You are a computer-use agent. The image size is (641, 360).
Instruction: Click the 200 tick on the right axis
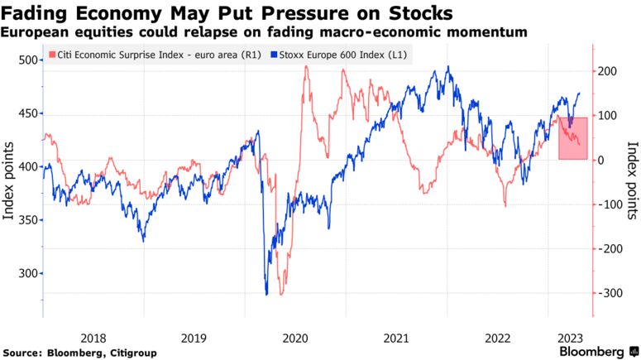[x=608, y=72]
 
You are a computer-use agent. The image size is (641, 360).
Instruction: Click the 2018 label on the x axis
[x=93, y=337]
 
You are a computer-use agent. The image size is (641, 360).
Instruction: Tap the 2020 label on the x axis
[x=295, y=337]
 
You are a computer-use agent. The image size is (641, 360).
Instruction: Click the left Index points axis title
[x=9, y=180]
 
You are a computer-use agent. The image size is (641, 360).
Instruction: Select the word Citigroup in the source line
[x=128, y=353]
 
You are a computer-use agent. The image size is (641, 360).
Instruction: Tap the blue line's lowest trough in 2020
[x=266, y=294]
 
